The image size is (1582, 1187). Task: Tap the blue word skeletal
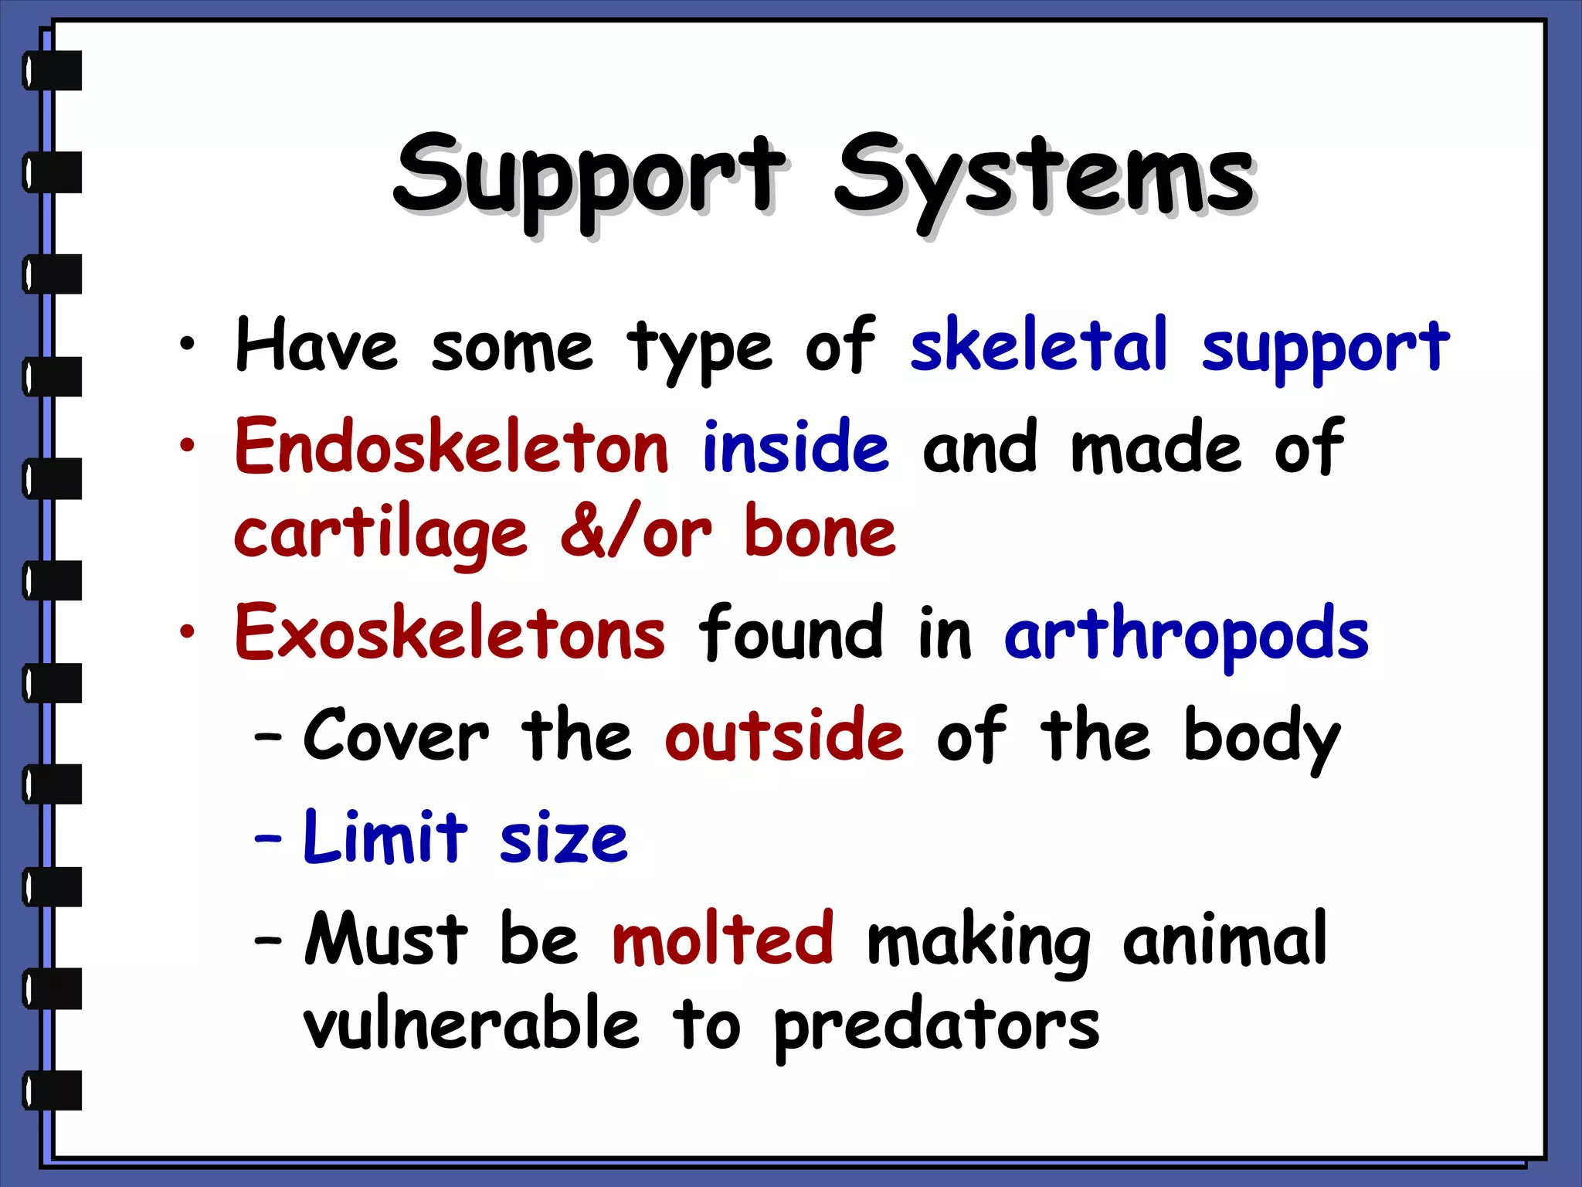[1038, 345]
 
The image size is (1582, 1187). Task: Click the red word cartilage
[380, 535]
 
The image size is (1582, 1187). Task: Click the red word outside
[783, 735]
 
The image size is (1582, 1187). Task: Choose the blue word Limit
[385, 838]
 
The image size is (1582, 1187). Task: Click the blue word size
[563, 839]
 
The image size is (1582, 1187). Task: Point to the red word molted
[722, 938]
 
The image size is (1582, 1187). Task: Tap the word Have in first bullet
[317, 345]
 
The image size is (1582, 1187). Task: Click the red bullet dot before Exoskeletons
[187, 632]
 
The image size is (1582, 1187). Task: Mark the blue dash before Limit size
[268, 838]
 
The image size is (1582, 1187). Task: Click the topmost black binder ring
[52, 70]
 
